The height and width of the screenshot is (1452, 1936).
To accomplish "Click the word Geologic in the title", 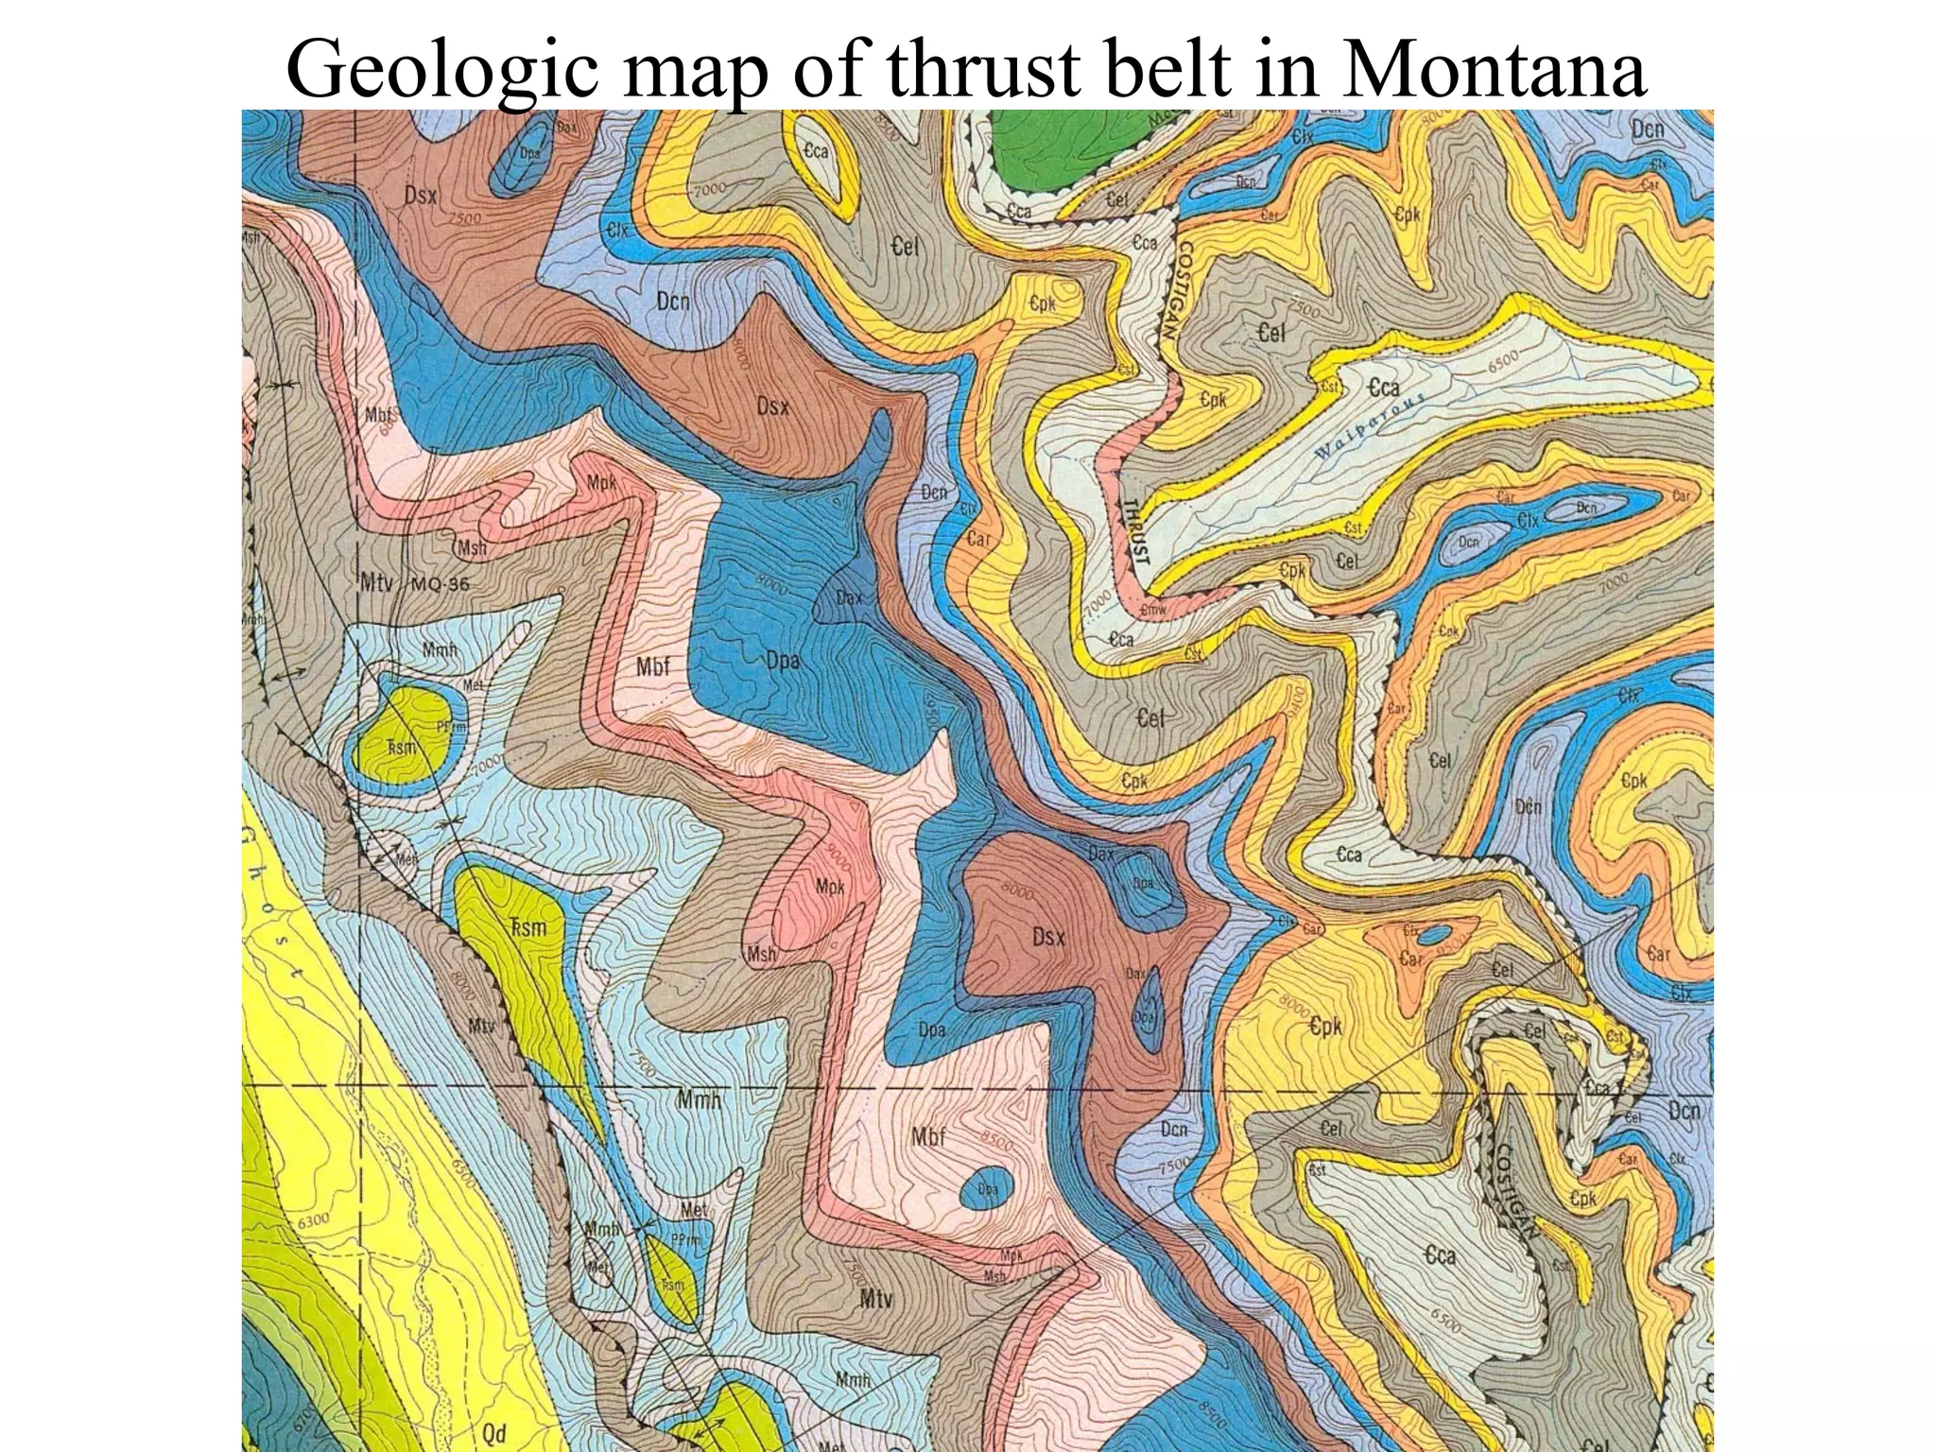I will pyautogui.click(x=441, y=72).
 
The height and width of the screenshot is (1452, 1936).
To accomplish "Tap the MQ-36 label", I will pyautogui.click(x=440, y=584).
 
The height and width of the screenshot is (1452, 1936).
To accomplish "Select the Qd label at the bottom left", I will pyautogui.click(x=494, y=1433).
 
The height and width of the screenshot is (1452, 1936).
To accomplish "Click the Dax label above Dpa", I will pyautogui.click(x=849, y=597).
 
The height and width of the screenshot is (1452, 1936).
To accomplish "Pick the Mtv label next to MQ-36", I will pyautogui.click(x=375, y=582).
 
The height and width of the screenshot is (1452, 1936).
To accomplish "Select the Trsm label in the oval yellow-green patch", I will pyautogui.click(x=401, y=747).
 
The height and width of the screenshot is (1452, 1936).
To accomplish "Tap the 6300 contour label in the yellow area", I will pyautogui.click(x=314, y=1220).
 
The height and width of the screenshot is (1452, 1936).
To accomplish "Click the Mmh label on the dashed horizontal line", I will pyautogui.click(x=699, y=1099).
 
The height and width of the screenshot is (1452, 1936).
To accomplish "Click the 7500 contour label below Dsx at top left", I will pyautogui.click(x=464, y=218).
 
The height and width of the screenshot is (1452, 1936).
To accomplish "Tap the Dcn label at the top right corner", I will pyautogui.click(x=1647, y=130).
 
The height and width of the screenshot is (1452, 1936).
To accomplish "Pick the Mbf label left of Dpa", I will pyautogui.click(x=652, y=666).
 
